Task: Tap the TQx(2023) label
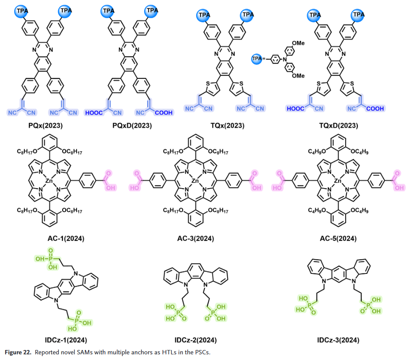228,126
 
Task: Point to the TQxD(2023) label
336,126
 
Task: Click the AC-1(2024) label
66,239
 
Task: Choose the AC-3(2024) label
196,239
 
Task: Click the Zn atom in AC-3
196,180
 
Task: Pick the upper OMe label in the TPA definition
298,43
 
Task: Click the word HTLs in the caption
155,352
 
